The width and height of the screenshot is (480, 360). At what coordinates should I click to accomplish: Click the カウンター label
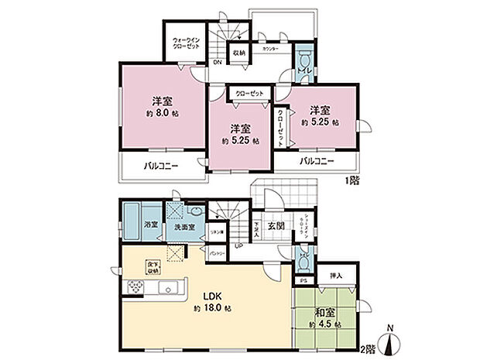[271, 48]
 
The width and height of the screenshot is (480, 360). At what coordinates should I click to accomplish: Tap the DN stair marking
[217, 63]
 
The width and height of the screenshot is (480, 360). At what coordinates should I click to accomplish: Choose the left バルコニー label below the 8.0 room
[159, 166]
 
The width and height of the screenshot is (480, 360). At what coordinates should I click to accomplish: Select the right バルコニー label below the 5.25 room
[317, 161]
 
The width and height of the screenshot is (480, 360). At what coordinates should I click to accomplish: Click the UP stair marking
[238, 245]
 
